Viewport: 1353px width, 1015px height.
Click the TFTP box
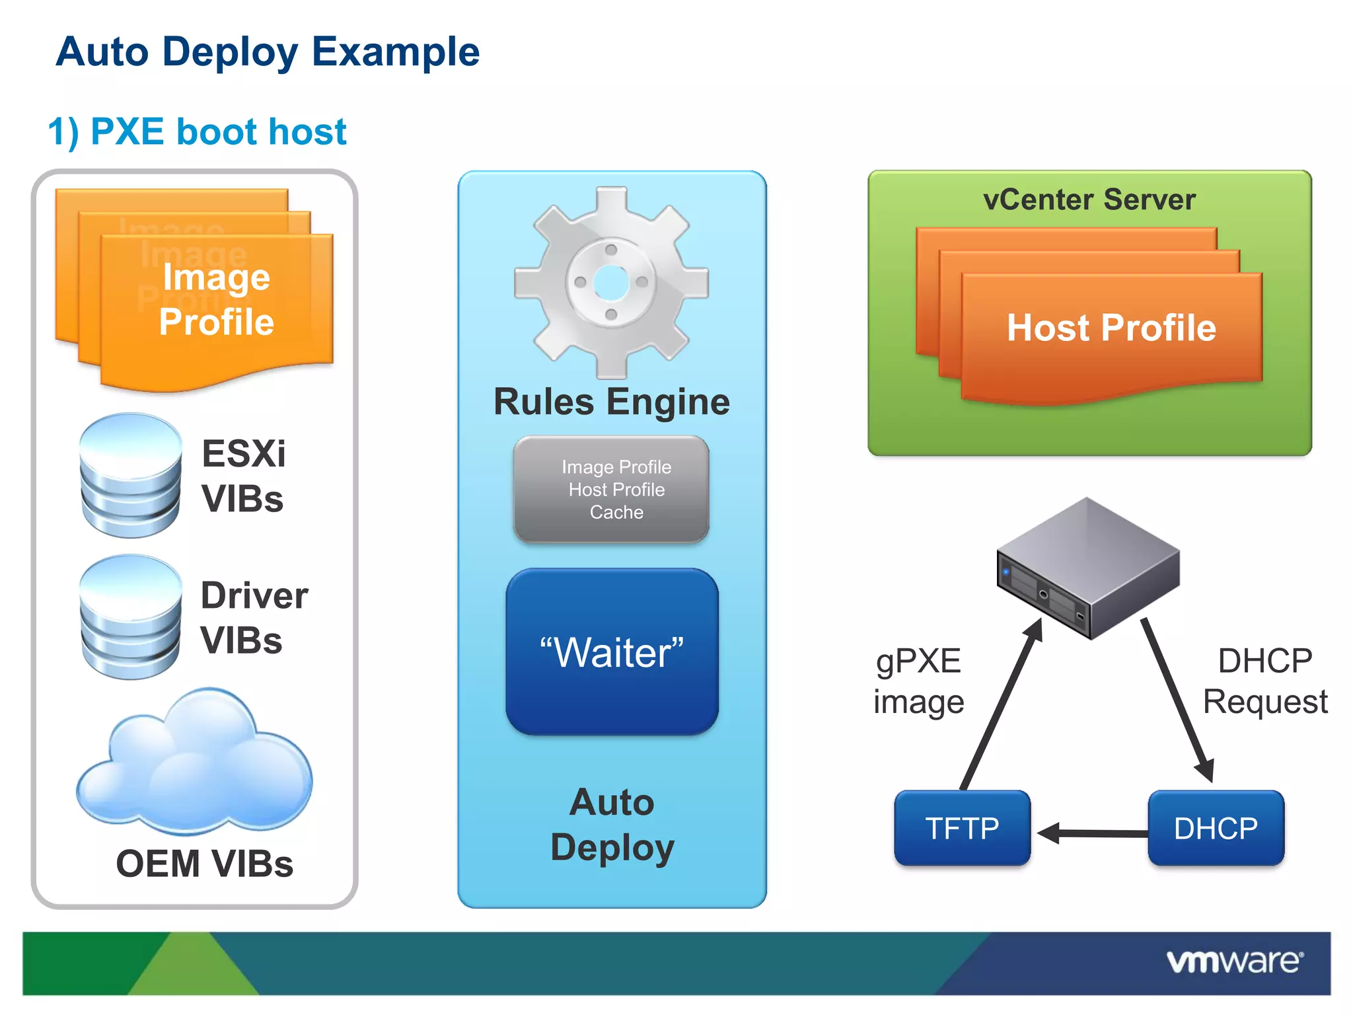click(962, 828)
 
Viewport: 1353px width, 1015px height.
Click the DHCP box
click(1216, 828)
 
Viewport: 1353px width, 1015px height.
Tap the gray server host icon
click(1088, 568)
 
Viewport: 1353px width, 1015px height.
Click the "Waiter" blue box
click(612, 652)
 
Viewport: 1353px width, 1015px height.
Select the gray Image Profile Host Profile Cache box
click(612, 490)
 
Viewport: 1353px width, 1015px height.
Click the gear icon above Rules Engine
click(612, 283)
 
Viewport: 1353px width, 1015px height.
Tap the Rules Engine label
click(612, 402)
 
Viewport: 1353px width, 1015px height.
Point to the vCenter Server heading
click(1089, 200)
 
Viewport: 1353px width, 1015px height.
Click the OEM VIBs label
click(204, 864)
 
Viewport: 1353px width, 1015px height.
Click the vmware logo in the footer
click(1234, 961)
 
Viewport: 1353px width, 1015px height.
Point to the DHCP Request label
click(1265, 681)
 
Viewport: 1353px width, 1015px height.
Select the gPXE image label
click(918, 681)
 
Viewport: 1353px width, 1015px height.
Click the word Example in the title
click(395, 52)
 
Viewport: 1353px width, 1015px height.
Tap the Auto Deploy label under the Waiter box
click(612, 825)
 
